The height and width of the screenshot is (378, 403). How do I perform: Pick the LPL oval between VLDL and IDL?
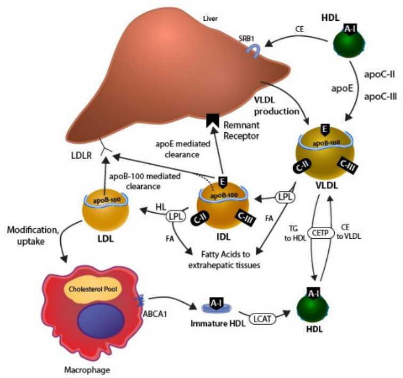[x=283, y=196]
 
